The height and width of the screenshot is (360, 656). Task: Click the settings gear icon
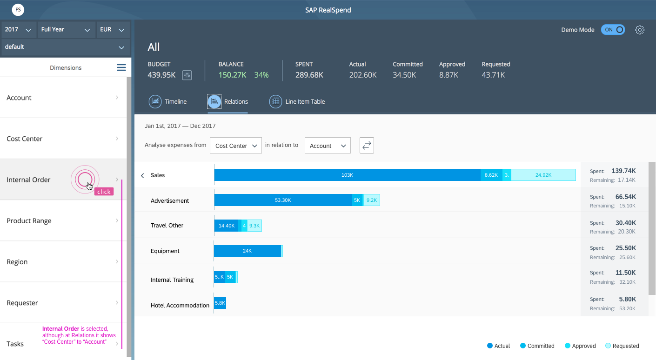click(x=640, y=30)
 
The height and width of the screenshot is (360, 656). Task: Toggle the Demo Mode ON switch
click(x=613, y=30)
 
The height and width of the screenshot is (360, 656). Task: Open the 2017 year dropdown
click(x=18, y=30)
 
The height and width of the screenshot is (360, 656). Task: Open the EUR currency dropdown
click(x=113, y=30)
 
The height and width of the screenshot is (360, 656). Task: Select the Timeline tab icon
click(x=155, y=101)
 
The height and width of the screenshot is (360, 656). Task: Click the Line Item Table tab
click(x=297, y=101)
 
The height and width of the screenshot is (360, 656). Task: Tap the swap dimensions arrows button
click(x=367, y=145)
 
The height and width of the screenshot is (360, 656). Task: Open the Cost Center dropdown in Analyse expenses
click(x=236, y=146)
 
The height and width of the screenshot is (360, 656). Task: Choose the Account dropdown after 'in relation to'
click(x=328, y=146)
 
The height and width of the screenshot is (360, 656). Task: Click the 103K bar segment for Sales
click(x=348, y=175)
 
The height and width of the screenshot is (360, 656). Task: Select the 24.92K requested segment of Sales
click(x=543, y=175)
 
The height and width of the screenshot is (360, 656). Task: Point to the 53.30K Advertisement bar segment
click(x=283, y=200)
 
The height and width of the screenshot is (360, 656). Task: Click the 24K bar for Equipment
click(x=248, y=251)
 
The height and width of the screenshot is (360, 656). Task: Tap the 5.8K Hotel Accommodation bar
click(x=220, y=303)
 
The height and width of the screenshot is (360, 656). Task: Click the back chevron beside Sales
click(x=143, y=176)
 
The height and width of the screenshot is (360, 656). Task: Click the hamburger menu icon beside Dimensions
click(x=121, y=67)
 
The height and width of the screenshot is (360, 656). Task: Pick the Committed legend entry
click(x=537, y=346)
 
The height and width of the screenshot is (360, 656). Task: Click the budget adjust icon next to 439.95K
click(x=187, y=75)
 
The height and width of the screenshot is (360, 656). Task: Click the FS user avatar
click(x=18, y=10)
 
